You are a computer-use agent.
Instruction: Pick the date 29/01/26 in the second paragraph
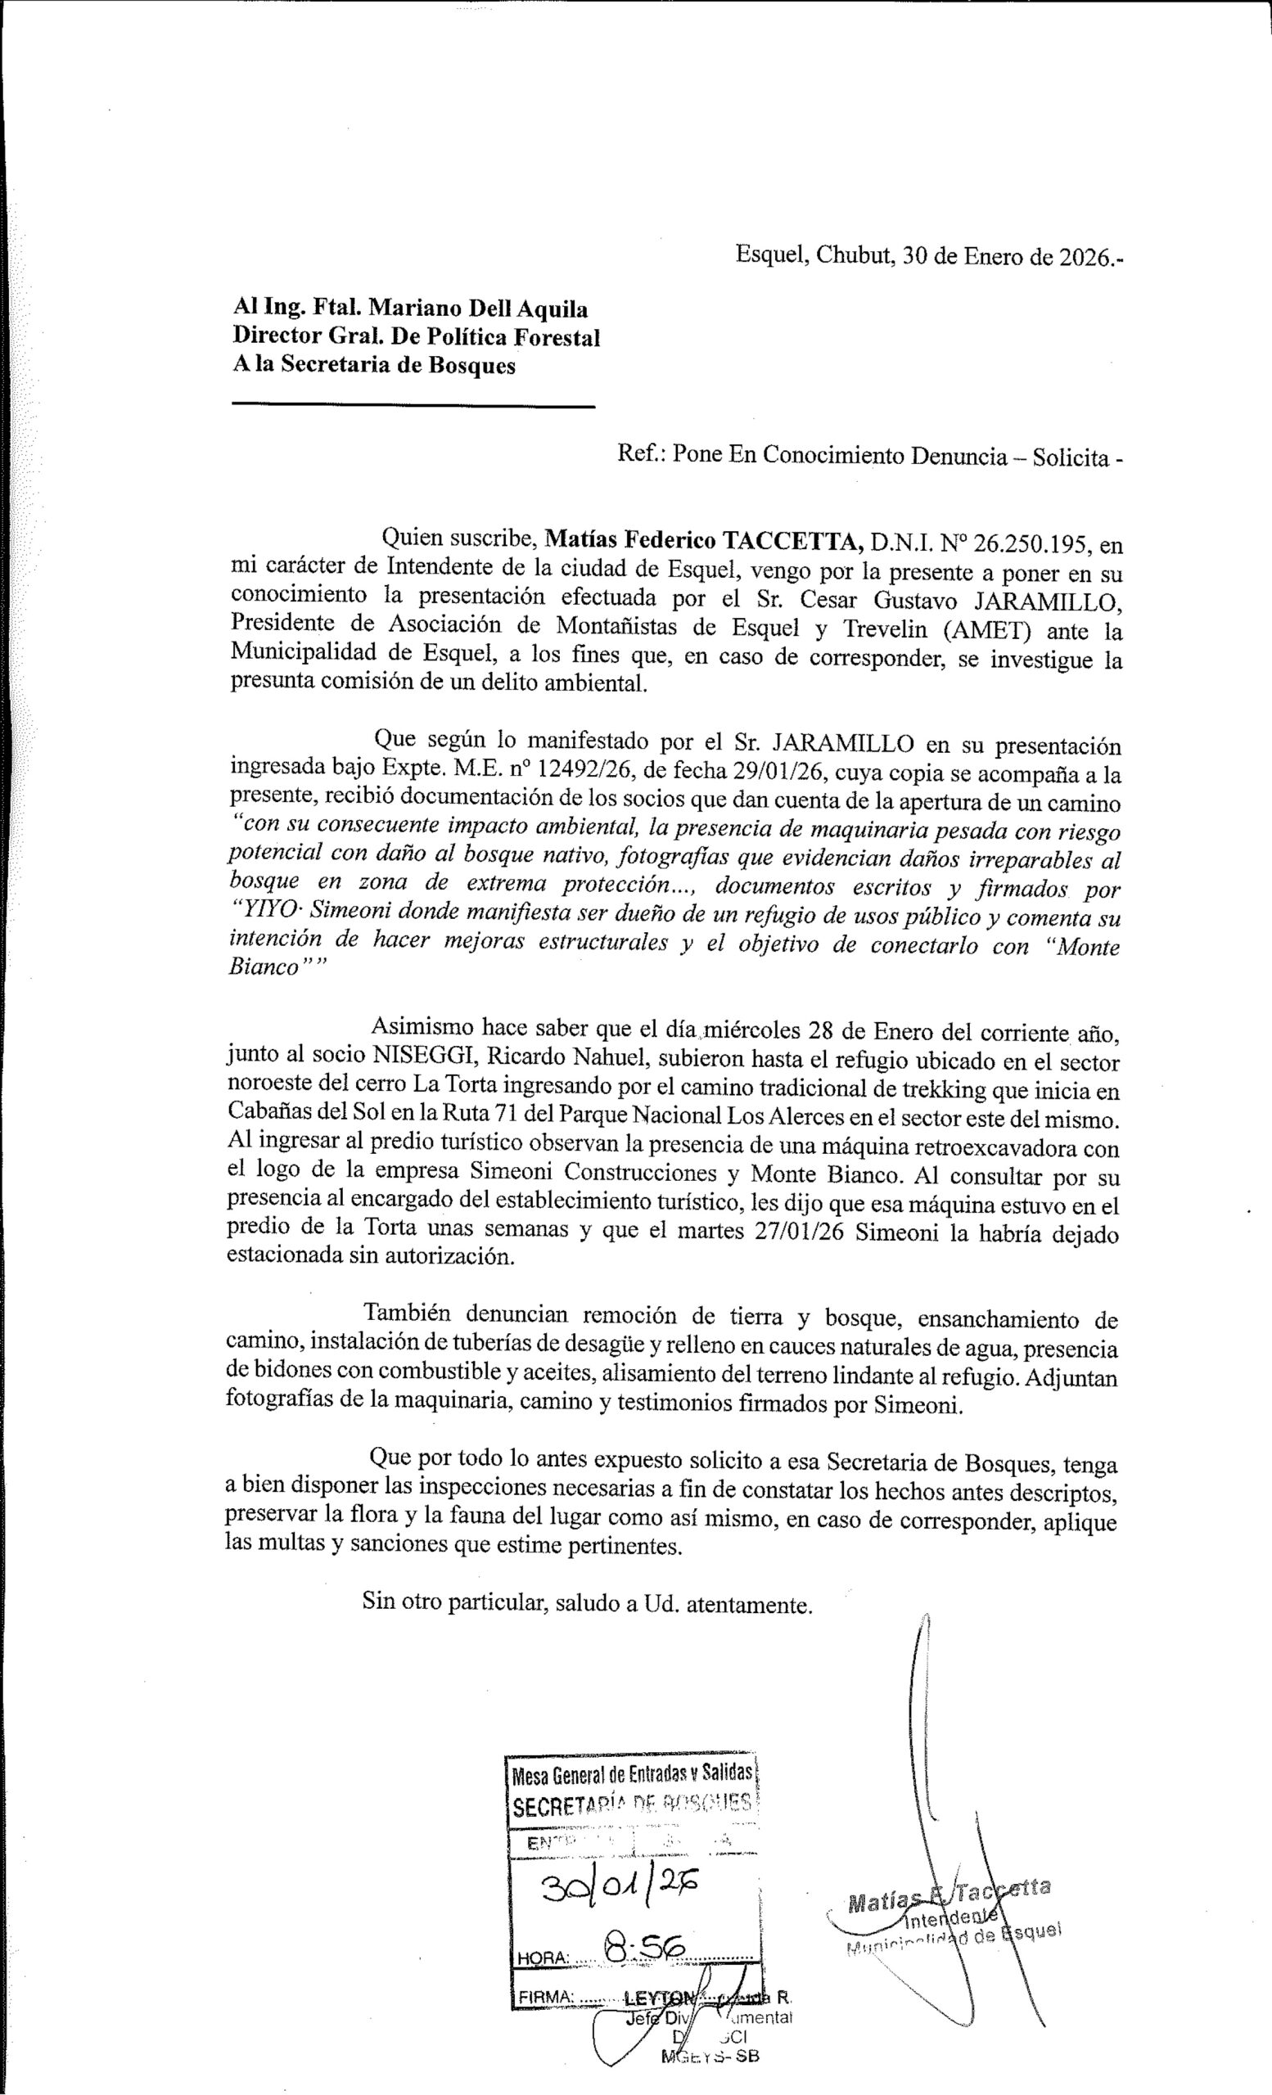point(775,773)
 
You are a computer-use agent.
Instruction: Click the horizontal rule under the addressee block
point(413,408)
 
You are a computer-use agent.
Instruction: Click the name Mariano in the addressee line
point(419,309)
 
